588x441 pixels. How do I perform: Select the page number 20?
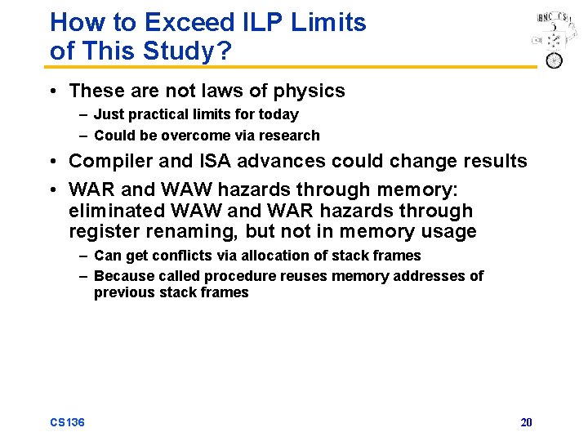point(526,422)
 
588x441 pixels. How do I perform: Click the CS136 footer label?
point(67,422)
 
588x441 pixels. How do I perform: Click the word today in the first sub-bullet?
point(278,114)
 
